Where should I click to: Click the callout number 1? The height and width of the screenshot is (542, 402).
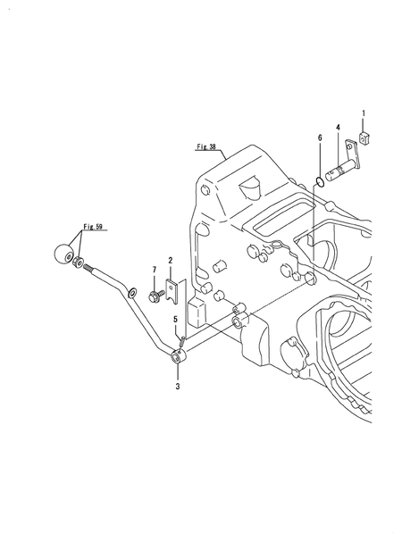(364, 113)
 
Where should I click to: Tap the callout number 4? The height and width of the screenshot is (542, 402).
(338, 128)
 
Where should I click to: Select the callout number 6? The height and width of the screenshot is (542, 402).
(320, 138)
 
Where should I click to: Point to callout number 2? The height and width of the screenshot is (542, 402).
(171, 260)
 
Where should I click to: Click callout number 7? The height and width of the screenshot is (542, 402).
(155, 270)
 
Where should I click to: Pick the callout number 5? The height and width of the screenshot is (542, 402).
(175, 320)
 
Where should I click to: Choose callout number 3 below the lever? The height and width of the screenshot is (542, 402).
(178, 386)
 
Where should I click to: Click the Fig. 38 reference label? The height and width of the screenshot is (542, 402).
(206, 146)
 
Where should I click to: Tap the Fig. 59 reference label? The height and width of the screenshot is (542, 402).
(93, 227)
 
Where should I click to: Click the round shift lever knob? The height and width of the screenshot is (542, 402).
(63, 254)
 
